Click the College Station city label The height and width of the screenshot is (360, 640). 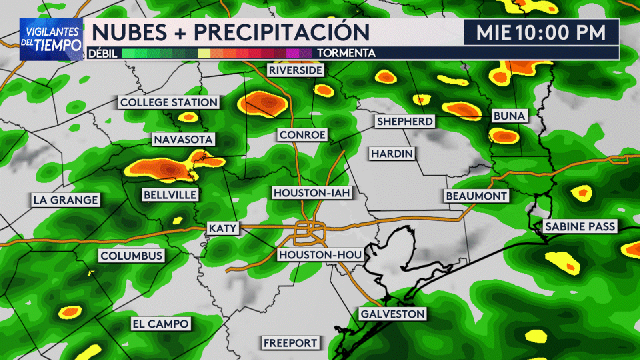point(169,102)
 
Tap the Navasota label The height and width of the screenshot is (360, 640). point(183,139)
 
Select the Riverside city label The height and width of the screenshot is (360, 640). point(295,70)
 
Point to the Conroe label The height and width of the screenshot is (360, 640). point(303,135)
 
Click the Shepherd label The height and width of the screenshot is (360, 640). point(405,121)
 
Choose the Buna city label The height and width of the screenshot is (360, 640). point(509,116)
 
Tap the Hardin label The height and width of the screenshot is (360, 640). point(393,153)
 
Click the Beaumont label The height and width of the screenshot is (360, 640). point(477,196)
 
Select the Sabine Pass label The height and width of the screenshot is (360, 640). point(580,227)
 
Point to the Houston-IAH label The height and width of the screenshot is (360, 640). point(311,193)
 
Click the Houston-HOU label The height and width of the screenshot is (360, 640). point(320,255)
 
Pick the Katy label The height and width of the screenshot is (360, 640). point(223,228)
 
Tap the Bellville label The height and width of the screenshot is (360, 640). point(170,195)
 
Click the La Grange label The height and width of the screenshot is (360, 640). point(66,199)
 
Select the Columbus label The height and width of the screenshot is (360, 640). point(131,256)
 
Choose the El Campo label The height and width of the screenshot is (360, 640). point(160,324)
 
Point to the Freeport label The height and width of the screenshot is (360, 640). point(291,343)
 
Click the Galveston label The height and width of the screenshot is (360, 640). point(392,313)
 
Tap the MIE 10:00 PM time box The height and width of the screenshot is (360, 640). point(541,32)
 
